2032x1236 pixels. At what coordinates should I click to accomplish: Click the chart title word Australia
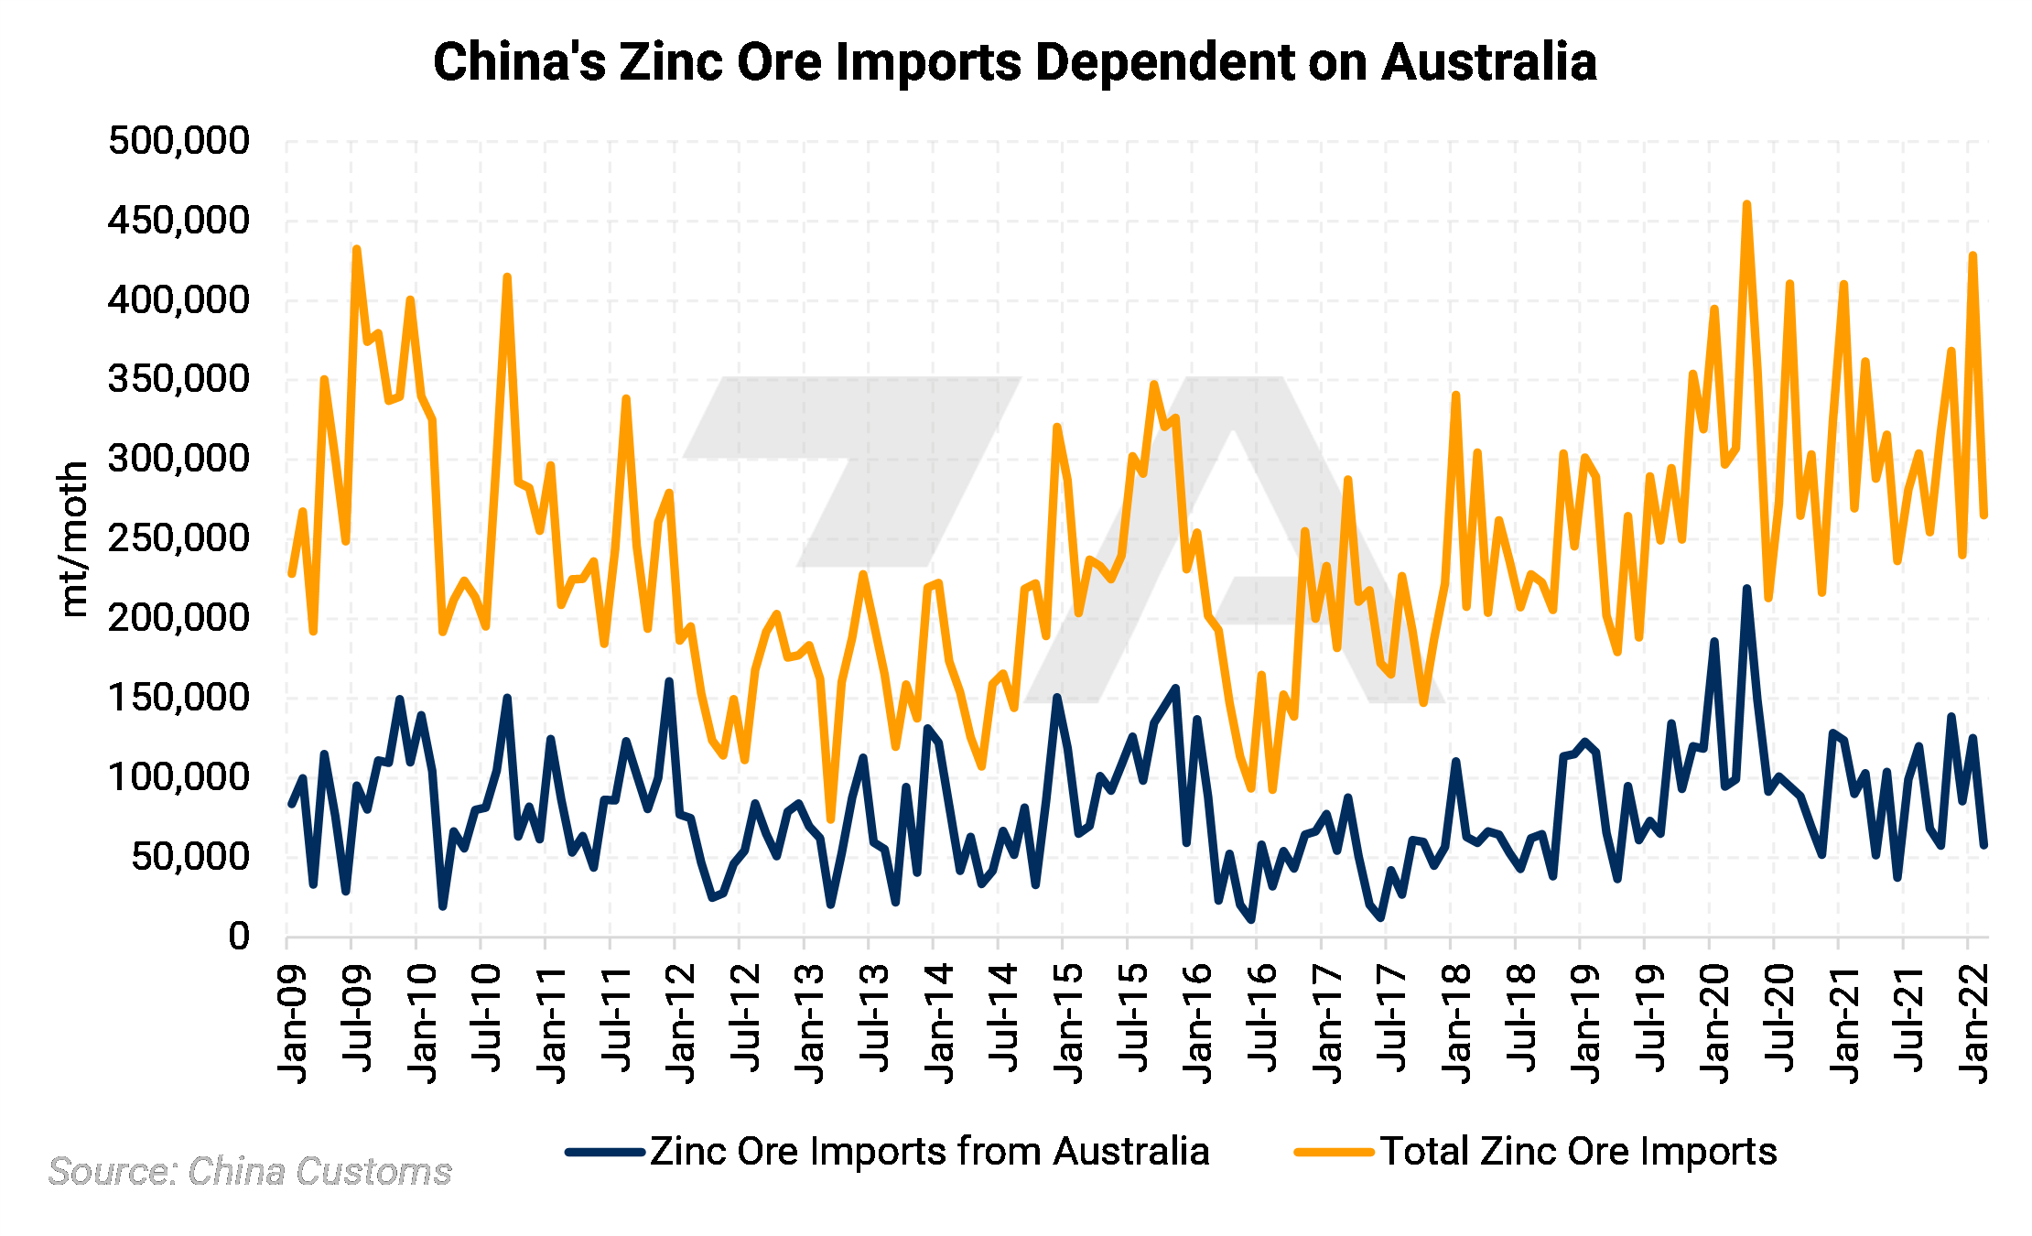tap(1489, 62)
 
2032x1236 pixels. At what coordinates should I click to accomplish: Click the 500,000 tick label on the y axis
tap(178, 141)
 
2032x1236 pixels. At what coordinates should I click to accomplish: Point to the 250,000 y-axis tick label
tap(178, 538)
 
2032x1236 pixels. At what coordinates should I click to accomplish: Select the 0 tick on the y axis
tap(239, 937)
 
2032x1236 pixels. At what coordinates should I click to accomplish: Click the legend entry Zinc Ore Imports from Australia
tap(929, 1152)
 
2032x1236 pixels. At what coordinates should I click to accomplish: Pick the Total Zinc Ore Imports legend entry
tap(1578, 1152)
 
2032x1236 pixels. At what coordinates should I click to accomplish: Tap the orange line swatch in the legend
tap(1334, 1152)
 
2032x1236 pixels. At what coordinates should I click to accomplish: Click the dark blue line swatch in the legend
tap(605, 1152)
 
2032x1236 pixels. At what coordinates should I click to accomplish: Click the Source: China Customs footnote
tap(250, 1172)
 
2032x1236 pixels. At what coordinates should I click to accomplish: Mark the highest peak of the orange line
tap(1746, 204)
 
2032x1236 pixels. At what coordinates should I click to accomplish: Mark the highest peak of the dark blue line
tap(1746, 589)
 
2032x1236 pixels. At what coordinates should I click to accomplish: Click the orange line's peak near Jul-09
tap(356, 249)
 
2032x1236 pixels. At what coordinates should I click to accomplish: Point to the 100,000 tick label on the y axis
tap(178, 777)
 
